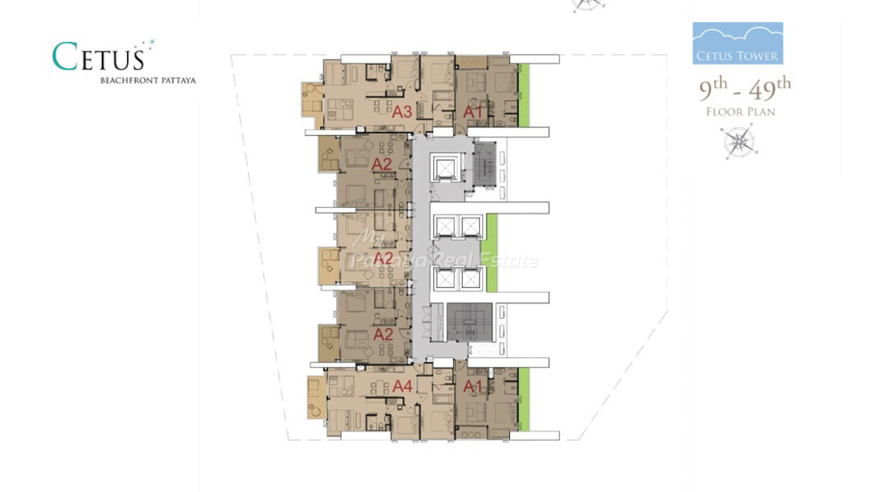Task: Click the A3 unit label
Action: (402, 112)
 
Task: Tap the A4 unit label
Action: (403, 386)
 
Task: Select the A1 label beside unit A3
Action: (473, 112)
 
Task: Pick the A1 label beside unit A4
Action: (473, 386)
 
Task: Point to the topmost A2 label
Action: (381, 164)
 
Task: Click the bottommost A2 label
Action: (383, 334)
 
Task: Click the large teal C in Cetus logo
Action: (64, 57)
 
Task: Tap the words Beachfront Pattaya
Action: (148, 81)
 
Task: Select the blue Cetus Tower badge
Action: (738, 43)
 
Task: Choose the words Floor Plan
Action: (741, 112)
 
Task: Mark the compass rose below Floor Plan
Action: (739, 141)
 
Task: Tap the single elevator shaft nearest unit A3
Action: (446, 168)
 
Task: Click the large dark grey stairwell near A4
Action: (469, 323)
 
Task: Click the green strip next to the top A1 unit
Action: (523, 95)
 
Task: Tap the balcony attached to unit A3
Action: (313, 100)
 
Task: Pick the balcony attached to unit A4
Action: (318, 397)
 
